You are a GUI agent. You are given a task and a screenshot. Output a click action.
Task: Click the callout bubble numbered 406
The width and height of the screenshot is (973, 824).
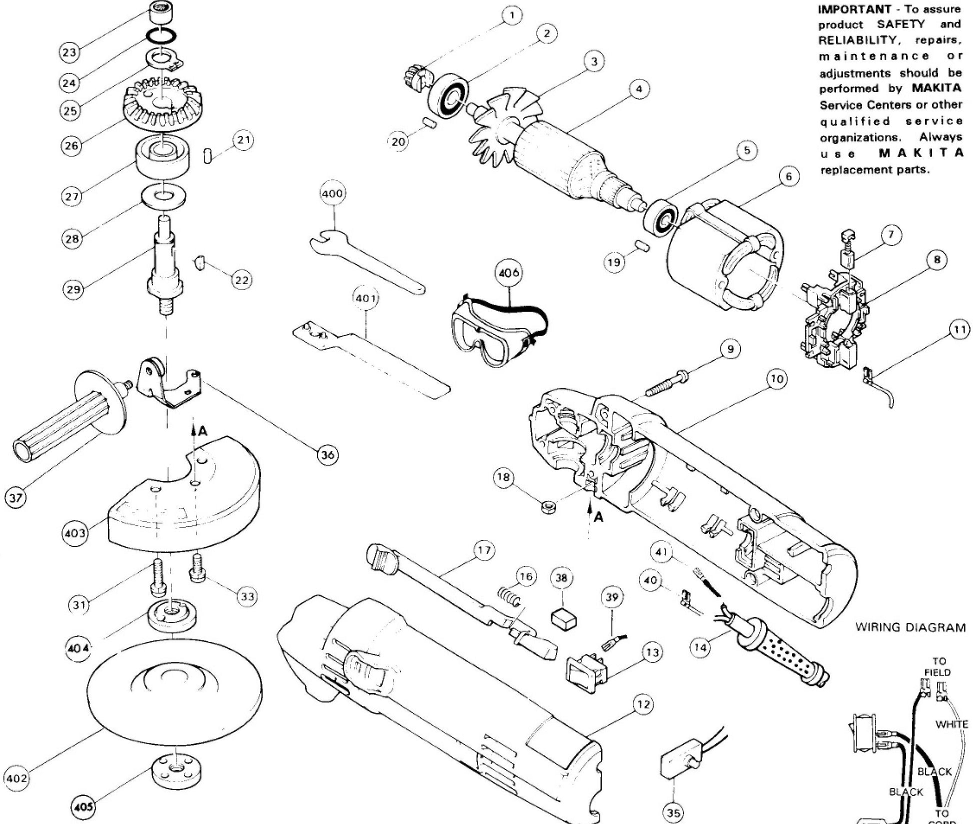pyautogui.click(x=508, y=273)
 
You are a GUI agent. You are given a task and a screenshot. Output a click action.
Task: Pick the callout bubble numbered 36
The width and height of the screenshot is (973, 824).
pyautogui.click(x=328, y=455)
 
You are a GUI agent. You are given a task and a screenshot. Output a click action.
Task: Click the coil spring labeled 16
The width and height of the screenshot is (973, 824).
pyautogui.click(x=508, y=596)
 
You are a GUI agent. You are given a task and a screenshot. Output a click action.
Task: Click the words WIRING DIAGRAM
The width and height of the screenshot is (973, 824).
pyautogui.click(x=910, y=627)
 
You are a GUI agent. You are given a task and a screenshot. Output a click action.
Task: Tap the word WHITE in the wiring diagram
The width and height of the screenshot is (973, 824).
pyautogui.click(x=951, y=724)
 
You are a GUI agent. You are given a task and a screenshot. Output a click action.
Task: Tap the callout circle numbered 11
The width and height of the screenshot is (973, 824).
pyautogui.click(x=959, y=330)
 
